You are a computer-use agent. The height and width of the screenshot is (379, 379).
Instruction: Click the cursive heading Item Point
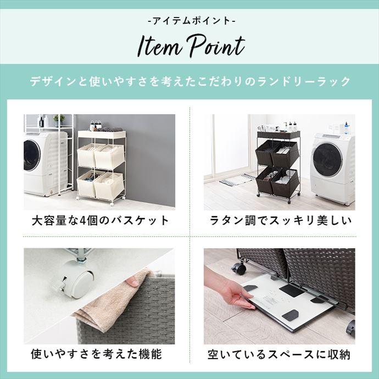[x=191, y=46]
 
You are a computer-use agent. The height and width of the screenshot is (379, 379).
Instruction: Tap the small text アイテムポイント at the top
[x=191, y=21]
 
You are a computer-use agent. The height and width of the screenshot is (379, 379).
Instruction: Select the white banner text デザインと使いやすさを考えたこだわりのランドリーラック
[x=190, y=81]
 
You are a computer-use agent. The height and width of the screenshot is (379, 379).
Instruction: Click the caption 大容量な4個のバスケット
[x=100, y=220]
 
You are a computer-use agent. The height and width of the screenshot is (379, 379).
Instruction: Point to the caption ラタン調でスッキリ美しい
[x=280, y=220]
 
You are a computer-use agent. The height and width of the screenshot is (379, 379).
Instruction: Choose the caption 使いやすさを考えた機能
[x=96, y=354]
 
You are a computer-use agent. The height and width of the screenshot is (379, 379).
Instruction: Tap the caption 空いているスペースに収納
[x=279, y=355]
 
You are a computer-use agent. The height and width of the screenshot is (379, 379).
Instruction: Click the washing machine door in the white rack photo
[x=31, y=155]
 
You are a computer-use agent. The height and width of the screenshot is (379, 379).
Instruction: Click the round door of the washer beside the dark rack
[x=328, y=160]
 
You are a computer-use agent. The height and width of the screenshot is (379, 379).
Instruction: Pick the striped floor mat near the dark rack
[x=237, y=180]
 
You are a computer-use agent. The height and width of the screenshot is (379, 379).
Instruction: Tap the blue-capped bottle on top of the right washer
[x=347, y=128]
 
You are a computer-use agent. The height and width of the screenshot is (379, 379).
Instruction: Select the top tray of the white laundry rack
[x=102, y=135]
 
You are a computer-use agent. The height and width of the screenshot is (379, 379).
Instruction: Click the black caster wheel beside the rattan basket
[x=239, y=268]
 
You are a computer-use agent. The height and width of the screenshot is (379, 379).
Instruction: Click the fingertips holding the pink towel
[x=132, y=281]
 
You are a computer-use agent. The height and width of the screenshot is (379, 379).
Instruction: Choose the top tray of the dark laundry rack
[x=278, y=135]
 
